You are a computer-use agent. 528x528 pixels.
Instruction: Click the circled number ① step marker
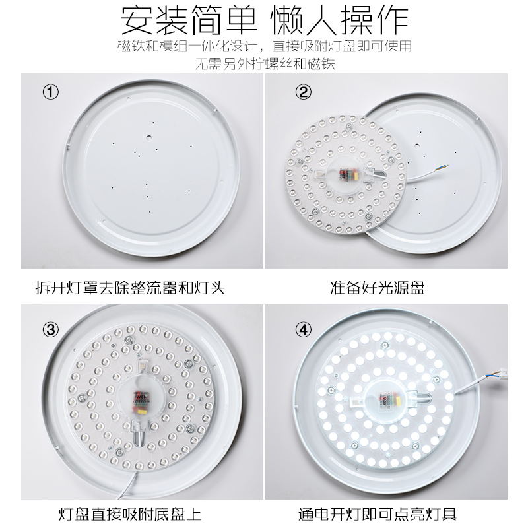pyautogui.click(x=51, y=92)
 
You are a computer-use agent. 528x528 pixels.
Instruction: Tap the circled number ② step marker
pyautogui.click(x=302, y=92)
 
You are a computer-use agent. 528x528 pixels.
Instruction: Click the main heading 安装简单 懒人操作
pyautogui.click(x=264, y=21)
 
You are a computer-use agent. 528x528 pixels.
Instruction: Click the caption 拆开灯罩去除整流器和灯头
pyautogui.click(x=130, y=288)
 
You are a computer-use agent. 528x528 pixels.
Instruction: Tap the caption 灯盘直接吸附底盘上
pyautogui.click(x=130, y=513)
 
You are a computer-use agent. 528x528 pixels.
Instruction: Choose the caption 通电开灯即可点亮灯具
pyautogui.click(x=386, y=513)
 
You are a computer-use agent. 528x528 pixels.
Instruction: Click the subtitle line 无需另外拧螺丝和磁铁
pyautogui.click(x=265, y=64)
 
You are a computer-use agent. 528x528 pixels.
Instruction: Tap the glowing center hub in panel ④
pyautogui.click(x=389, y=401)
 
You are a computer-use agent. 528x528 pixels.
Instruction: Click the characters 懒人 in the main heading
pyautogui.click(x=304, y=21)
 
